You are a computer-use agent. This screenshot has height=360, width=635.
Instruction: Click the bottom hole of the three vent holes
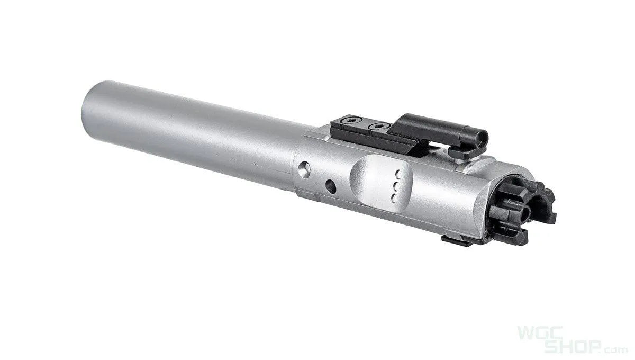394,197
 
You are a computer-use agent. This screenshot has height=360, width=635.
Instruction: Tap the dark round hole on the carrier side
330,186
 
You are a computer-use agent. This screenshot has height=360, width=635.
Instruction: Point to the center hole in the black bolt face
525,213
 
